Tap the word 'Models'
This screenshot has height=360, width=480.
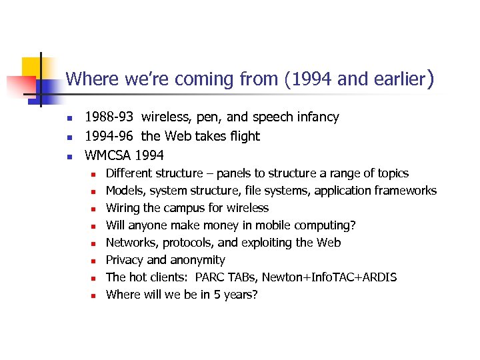(x=125, y=191)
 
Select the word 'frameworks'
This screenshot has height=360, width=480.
(x=405, y=191)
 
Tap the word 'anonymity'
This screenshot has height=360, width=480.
(x=197, y=260)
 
